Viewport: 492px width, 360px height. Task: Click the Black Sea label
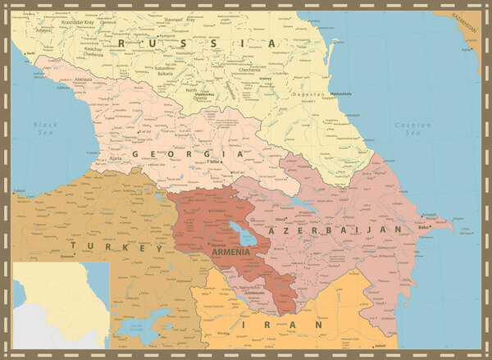click(46, 129)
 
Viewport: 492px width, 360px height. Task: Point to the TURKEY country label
click(116, 246)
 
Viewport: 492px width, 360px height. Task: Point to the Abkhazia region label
click(84, 80)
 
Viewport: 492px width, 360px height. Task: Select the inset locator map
click(61, 304)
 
